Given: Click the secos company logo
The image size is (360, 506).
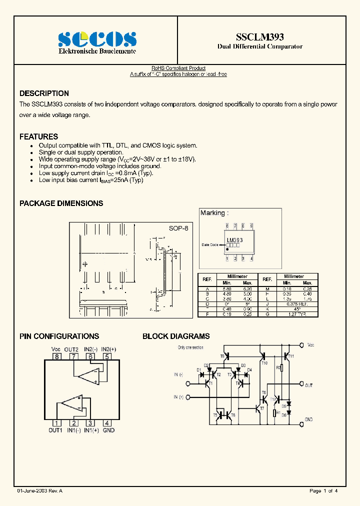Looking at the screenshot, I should (97, 39).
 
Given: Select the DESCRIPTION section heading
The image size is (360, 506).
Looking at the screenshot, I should (44, 93).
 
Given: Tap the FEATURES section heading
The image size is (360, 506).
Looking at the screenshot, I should (38, 136).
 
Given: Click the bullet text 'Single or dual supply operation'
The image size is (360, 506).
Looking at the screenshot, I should (81, 152).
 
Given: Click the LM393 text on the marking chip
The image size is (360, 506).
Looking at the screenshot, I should (234, 240).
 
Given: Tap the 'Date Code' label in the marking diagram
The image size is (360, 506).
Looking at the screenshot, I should (210, 245).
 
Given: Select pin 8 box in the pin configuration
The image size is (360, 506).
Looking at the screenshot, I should (57, 356).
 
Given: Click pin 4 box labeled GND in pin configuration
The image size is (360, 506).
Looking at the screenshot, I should (106, 423).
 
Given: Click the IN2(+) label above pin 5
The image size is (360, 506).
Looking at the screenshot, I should (108, 349).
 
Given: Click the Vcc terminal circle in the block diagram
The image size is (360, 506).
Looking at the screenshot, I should (301, 344).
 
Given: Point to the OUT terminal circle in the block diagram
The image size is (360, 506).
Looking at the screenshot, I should (301, 384).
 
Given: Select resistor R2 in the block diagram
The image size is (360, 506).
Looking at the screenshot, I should (281, 368).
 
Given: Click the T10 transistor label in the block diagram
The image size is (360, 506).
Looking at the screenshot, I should (264, 363).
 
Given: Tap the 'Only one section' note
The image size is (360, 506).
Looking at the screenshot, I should (190, 346).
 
